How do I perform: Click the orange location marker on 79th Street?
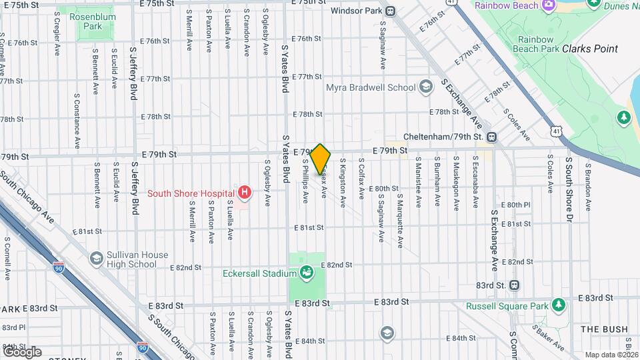point(321,159)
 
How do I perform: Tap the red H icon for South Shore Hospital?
point(245,193)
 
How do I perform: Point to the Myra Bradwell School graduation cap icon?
point(426,87)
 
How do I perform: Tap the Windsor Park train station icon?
point(390,11)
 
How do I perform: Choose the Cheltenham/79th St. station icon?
point(491,137)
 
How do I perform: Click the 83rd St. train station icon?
point(514,285)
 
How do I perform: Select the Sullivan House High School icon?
point(97,258)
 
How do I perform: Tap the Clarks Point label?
point(589,49)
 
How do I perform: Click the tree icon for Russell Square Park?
point(559,306)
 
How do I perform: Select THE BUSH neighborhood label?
point(604,329)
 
